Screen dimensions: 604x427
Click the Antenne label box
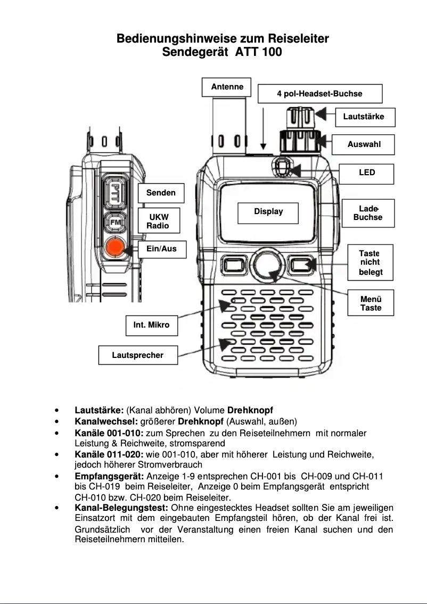pyautogui.click(x=227, y=87)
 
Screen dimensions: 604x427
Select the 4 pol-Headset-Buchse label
pyautogui.click(x=319, y=94)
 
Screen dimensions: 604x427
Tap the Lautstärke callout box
pyautogui.click(x=365, y=117)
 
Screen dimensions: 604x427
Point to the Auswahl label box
pyautogui.click(x=364, y=144)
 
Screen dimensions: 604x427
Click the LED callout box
pyautogui.click(x=367, y=173)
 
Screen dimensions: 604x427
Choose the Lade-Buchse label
pyautogui.click(x=367, y=213)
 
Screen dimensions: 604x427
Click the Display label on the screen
pyautogui.click(x=268, y=212)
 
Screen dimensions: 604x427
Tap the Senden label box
pyautogui.click(x=161, y=193)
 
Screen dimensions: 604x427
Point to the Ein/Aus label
pyautogui.click(x=161, y=249)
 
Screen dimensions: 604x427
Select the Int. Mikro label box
pyautogui.click(x=151, y=325)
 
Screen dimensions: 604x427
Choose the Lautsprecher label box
pyautogui.click(x=138, y=355)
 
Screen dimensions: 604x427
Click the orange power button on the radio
pyautogui.click(x=114, y=248)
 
